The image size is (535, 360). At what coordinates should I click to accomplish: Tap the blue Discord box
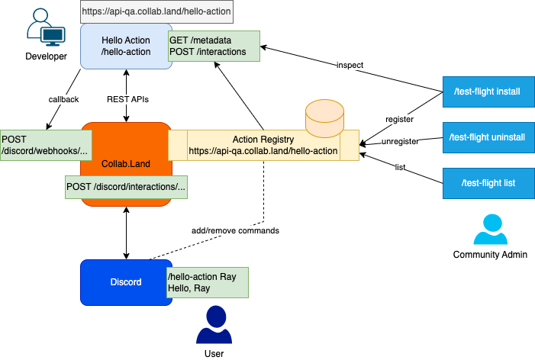tap(126, 282)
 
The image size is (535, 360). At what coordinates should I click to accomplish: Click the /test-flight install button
tap(487, 92)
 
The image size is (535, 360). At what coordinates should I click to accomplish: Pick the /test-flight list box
tap(487, 183)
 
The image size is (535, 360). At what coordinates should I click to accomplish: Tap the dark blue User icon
tap(214, 326)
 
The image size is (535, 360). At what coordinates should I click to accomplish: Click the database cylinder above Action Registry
tap(325, 116)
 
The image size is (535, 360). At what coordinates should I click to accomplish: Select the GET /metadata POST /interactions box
tap(214, 46)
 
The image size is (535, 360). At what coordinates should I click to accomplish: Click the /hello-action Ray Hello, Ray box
tap(208, 282)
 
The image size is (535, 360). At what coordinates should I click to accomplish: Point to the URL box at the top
tap(156, 12)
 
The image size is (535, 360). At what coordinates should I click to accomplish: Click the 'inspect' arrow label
tap(350, 66)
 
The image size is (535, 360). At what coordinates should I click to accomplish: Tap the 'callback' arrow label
tap(62, 98)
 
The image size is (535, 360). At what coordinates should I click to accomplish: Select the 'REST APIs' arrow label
tap(126, 98)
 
